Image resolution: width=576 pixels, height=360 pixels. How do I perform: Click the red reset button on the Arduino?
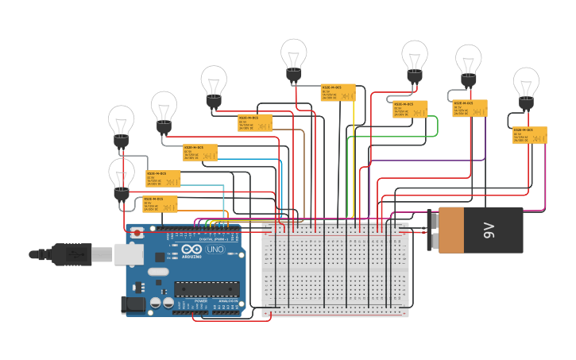pos(137,233)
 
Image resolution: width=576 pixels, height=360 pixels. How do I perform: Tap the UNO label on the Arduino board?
pos(215,249)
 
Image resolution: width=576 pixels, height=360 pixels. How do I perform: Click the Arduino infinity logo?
pos(191,248)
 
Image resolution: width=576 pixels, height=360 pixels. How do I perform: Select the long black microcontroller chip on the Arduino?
pos(207,291)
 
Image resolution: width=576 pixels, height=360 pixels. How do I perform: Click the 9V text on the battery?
pos(489,230)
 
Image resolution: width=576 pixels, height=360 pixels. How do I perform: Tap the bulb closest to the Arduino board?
pos(122,179)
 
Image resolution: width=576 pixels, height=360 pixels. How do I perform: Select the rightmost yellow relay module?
pos(529,135)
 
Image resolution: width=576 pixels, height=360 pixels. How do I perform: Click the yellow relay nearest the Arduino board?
pos(160,204)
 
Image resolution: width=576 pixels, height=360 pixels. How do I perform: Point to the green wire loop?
pos(435,126)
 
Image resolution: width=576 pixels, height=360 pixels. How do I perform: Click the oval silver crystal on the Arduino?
pos(159,272)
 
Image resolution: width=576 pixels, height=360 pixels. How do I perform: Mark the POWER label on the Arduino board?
pos(201,301)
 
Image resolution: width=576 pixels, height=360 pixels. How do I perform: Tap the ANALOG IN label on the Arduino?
pos(228,301)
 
